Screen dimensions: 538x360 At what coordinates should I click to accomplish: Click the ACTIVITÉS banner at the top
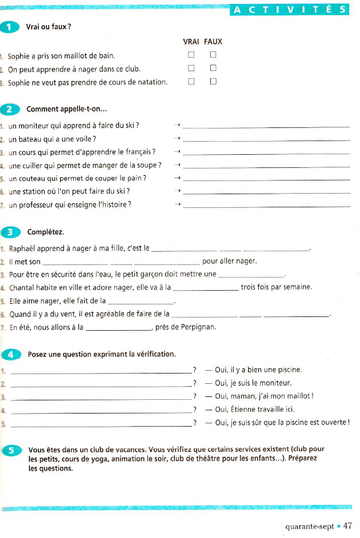[290, 10]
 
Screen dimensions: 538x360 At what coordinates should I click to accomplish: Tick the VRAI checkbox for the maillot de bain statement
[191, 55]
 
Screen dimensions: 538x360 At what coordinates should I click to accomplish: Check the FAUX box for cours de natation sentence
[213, 82]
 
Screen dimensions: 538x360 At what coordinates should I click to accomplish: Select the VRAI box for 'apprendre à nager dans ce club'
[191, 69]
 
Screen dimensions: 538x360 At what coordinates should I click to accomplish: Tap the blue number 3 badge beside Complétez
[11, 232]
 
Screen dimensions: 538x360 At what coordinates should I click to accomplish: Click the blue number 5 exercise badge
[11, 449]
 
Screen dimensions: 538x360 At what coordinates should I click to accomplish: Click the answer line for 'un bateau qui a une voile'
[268, 140]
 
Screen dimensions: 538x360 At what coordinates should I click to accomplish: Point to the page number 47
[347, 525]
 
